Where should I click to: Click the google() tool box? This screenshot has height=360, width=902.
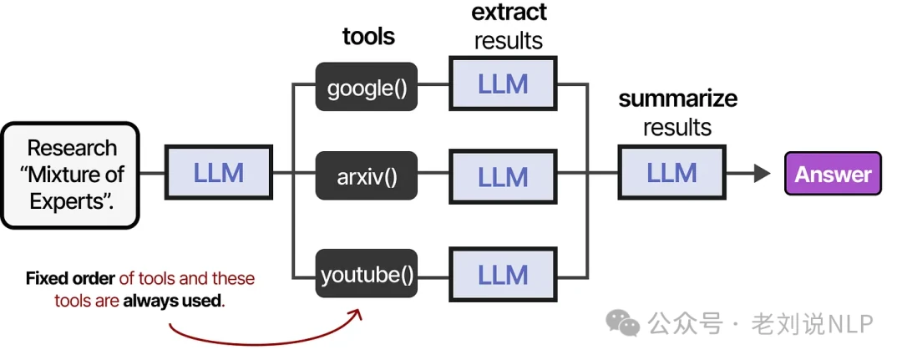tap(367, 86)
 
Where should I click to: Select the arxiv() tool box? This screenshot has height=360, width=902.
tap(367, 175)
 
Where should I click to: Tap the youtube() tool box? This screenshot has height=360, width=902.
tap(367, 274)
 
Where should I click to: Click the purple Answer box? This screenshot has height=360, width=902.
tap(833, 174)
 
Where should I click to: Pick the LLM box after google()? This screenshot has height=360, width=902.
tap(503, 84)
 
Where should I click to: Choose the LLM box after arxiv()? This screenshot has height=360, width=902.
tap(503, 176)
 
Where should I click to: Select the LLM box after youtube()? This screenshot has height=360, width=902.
tap(503, 274)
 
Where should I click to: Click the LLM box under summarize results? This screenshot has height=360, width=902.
tap(671, 173)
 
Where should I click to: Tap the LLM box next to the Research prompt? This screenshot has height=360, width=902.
tap(219, 173)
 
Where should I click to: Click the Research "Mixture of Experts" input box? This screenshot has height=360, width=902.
tap(70, 175)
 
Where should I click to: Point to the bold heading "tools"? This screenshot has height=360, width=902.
tap(368, 37)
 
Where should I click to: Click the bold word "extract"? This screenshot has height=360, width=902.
tap(509, 13)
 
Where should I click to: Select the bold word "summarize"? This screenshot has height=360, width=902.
tap(677, 99)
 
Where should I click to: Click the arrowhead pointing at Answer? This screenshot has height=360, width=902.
tap(761, 174)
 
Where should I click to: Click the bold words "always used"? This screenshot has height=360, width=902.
tap(173, 301)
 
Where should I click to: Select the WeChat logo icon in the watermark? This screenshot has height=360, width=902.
tap(624, 322)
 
